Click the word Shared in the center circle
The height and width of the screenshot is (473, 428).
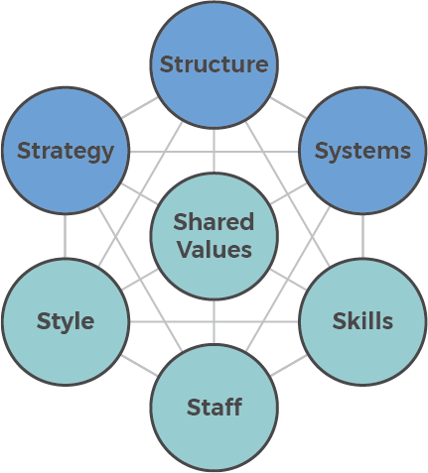(x=214, y=222)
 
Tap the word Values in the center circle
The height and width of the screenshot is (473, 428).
(x=214, y=249)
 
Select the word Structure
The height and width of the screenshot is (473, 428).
(x=214, y=64)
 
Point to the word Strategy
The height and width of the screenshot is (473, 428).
(x=66, y=152)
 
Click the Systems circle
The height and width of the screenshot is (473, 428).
(x=362, y=151)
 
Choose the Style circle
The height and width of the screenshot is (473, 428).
(x=66, y=321)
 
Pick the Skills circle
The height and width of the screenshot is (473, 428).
(x=362, y=321)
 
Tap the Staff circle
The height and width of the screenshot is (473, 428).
(x=214, y=408)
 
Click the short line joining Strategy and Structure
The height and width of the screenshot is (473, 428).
(x=140, y=108)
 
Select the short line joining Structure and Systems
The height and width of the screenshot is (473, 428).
(x=288, y=108)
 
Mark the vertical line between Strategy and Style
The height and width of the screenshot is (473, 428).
(x=65, y=236)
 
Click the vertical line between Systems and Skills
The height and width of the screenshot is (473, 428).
(x=362, y=236)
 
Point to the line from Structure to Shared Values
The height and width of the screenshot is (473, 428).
(x=214, y=151)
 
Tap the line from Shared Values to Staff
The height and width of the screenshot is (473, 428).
(x=214, y=321)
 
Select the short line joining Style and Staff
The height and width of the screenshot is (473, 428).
(x=140, y=365)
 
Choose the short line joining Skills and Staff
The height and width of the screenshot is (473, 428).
(x=288, y=365)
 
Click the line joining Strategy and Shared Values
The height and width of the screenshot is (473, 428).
(x=140, y=193)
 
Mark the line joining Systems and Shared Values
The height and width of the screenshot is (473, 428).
(x=288, y=193)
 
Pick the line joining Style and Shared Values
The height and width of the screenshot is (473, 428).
(x=140, y=280)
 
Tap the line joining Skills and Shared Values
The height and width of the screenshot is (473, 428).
(x=288, y=280)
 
